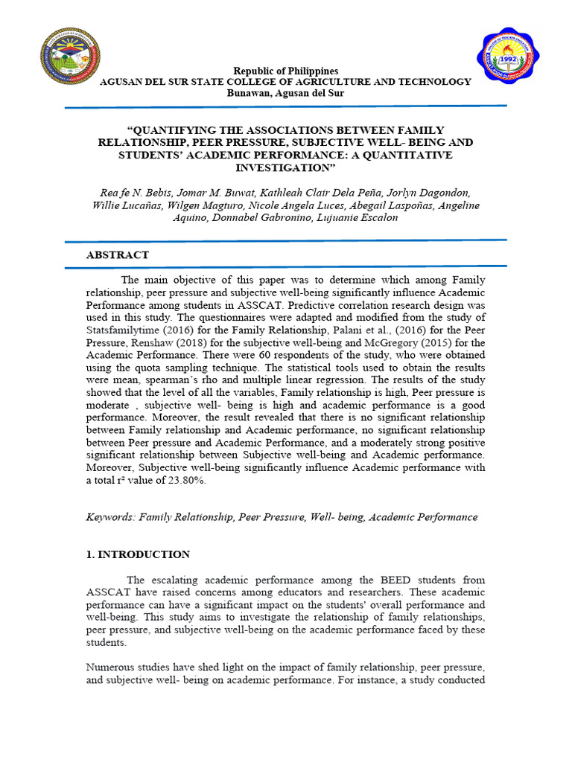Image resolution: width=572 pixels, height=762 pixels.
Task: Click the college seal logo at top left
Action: tap(71, 56)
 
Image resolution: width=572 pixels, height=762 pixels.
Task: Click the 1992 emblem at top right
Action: tap(507, 58)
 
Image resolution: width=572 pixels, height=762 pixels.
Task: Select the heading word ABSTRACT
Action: tap(118, 254)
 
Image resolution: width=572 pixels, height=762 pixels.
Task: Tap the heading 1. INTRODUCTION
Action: tap(138, 554)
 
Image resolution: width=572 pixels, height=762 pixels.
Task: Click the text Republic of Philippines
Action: tap(286, 71)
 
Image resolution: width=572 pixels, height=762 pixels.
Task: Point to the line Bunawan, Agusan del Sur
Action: tap(286, 93)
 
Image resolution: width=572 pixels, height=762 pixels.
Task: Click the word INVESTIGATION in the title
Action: tap(286, 167)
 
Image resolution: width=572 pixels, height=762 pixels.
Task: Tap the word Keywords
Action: tap(109, 516)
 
